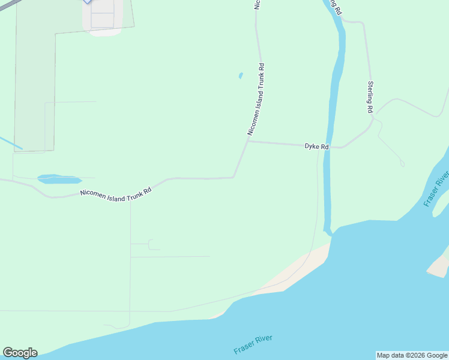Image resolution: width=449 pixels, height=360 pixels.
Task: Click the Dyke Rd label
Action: click(x=316, y=146)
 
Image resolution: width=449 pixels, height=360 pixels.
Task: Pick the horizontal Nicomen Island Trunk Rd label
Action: click(x=115, y=192)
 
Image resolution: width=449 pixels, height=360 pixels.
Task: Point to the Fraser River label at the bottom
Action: click(x=253, y=345)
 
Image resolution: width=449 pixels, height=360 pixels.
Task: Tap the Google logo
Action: click(x=20, y=353)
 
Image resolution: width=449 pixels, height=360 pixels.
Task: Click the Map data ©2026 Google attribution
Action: click(x=412, y=355)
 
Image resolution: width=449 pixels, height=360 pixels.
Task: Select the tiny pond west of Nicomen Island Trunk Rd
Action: click(x=241, y=76)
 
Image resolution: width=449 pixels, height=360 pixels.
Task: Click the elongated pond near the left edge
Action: click(x=59, y=179)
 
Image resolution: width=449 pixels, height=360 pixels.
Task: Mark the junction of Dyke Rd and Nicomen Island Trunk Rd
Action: click(x=249, y=142)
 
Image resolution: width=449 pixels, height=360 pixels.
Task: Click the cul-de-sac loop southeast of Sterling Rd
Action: click(x=402, y=163)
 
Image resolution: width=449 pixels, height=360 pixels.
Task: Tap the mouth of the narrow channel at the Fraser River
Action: click(x=328, y=231)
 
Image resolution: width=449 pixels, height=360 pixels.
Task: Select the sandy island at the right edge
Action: click(x=439, y=264)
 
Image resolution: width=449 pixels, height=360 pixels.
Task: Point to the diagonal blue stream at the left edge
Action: click(x=10, y=143)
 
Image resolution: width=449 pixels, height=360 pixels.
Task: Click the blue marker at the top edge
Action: click(x=88, y=1)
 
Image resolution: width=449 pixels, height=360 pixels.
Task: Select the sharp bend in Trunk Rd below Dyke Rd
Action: click(x=234, y=177)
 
